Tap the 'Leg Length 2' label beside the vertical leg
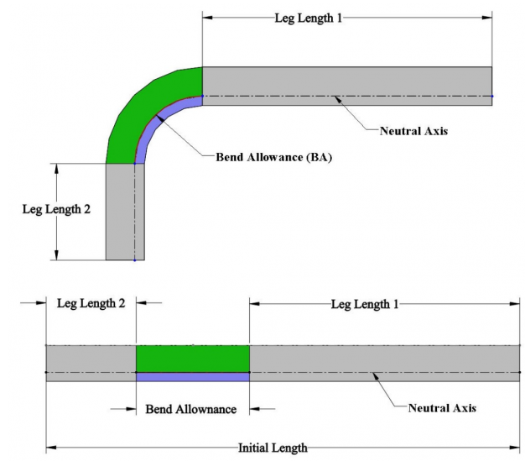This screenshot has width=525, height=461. (56, 210)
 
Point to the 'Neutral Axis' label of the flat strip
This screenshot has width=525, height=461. (443, 408)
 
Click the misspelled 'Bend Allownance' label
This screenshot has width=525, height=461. (191, 409)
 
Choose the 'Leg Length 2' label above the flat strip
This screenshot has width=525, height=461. (91, 304)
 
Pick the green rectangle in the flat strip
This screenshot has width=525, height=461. (193, 359)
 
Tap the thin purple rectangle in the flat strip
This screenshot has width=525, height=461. (193, 377)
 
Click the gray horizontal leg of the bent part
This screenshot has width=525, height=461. (346, 81)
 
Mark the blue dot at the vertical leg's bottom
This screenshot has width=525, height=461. (134, 260)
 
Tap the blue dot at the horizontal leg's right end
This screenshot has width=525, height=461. (492, 96)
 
